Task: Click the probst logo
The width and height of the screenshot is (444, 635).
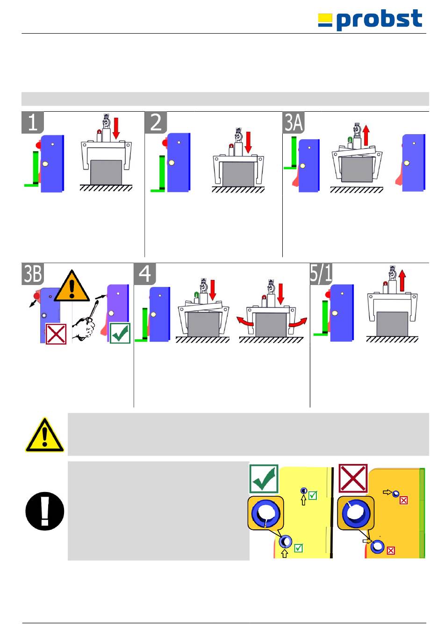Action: point(370,20)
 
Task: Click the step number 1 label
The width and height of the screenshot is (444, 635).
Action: point(33,122)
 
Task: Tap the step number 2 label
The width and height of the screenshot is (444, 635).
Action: point(156,122)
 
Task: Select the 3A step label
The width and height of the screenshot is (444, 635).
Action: point(294,122)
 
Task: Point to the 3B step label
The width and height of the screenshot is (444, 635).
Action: point(33,274)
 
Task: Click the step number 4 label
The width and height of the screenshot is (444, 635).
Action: point(145,274)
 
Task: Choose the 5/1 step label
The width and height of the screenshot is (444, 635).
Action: point(321,274)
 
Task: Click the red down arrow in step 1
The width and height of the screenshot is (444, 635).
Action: point(116,128)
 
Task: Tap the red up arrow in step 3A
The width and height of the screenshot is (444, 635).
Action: point(366,135)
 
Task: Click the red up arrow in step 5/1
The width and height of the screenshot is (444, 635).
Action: point(402,280)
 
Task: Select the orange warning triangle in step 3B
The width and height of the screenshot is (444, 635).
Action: point(72,286)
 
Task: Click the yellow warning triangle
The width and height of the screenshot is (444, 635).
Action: point(44,435)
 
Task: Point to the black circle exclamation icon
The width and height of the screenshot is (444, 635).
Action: point(45,511)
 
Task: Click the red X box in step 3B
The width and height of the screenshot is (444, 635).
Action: point(56,334)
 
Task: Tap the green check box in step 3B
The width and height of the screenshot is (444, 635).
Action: point(120,333)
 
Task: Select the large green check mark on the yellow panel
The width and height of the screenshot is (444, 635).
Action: point(264,479)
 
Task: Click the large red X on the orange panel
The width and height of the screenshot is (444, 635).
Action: point(353,478)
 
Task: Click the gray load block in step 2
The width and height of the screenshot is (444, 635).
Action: point(238,174)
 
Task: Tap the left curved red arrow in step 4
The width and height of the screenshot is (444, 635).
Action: point(245,321)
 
